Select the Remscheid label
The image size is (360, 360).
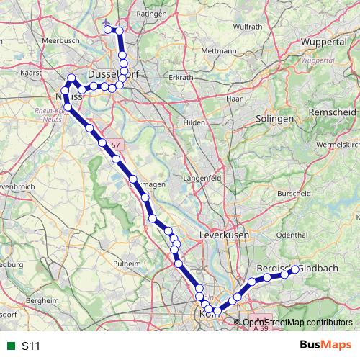(x=331, y=114)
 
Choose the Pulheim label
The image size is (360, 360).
(x=127, y=264)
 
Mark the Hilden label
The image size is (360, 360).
(x=194, y=122)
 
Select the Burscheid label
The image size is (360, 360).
(x=294, y=193)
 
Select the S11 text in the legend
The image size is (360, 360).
(x=30, y=346)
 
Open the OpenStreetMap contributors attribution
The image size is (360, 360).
(x=298, y=322)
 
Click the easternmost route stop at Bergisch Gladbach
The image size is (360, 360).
(x=294, y=269)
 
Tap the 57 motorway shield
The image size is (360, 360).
(x=116, y=145)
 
